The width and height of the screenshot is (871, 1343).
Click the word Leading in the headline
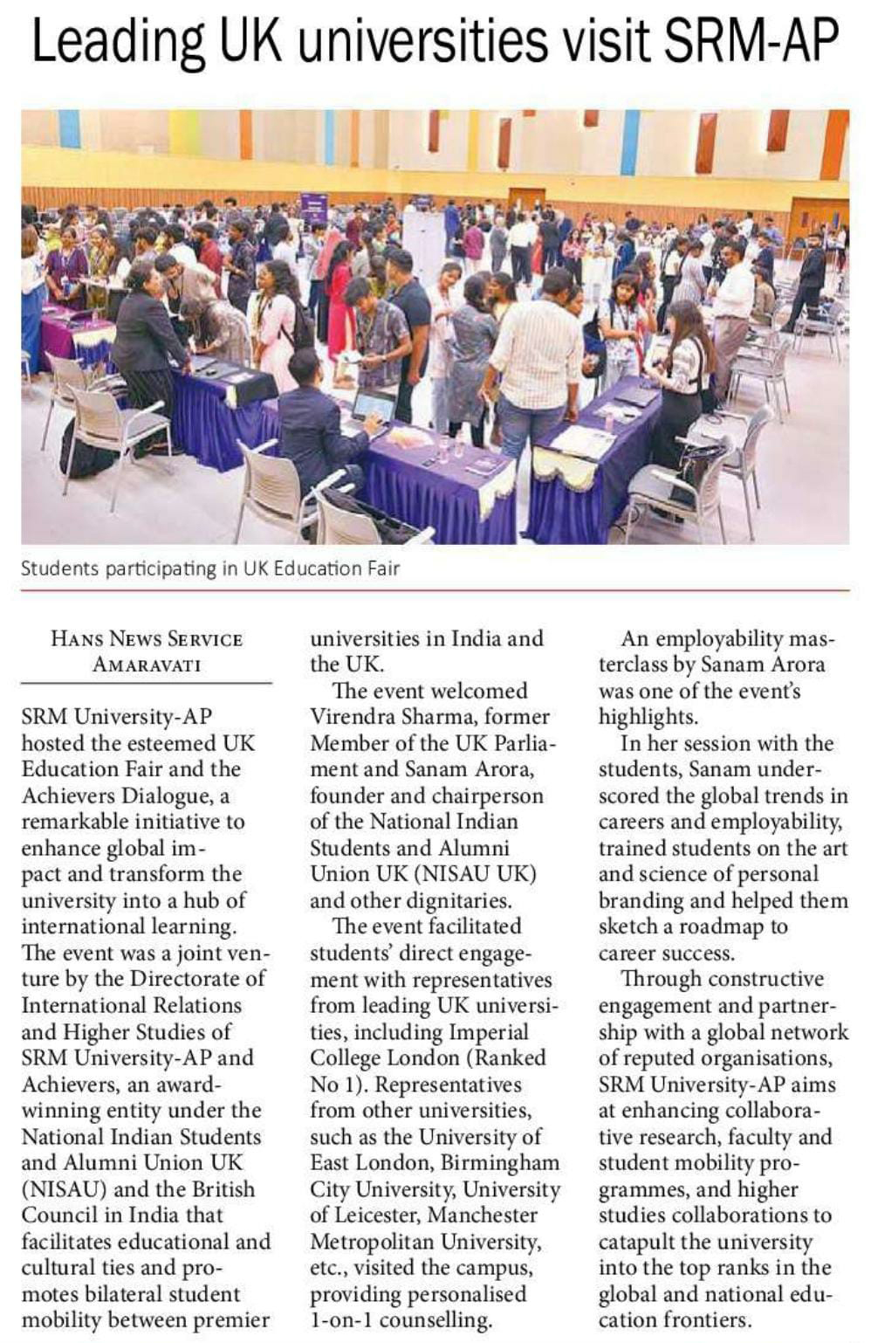(117, 42)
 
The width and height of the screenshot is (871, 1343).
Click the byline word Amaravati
(147, 665)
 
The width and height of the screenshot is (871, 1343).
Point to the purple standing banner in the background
(313, 209)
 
